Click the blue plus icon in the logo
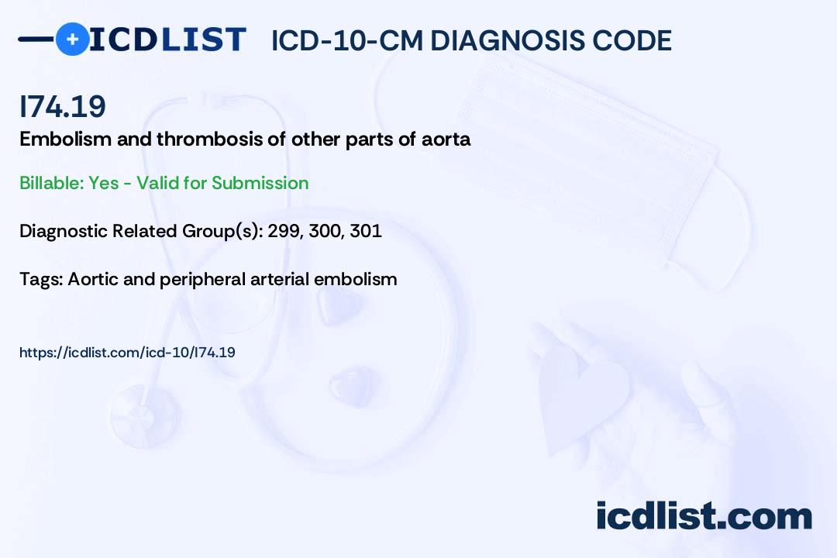tap(72, 39)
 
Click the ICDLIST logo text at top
tap(167, 40)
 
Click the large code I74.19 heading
tap(63, 106)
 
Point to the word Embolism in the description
tap(66, 139)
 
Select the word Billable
tap(51, 183)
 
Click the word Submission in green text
tap(260, 183)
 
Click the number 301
tap(366, 231)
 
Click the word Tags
tap(41, 279)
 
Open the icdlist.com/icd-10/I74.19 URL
tap(127, 353)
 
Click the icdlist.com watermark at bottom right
tap(704, 515)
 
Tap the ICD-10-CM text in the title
tap(347, 40)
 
